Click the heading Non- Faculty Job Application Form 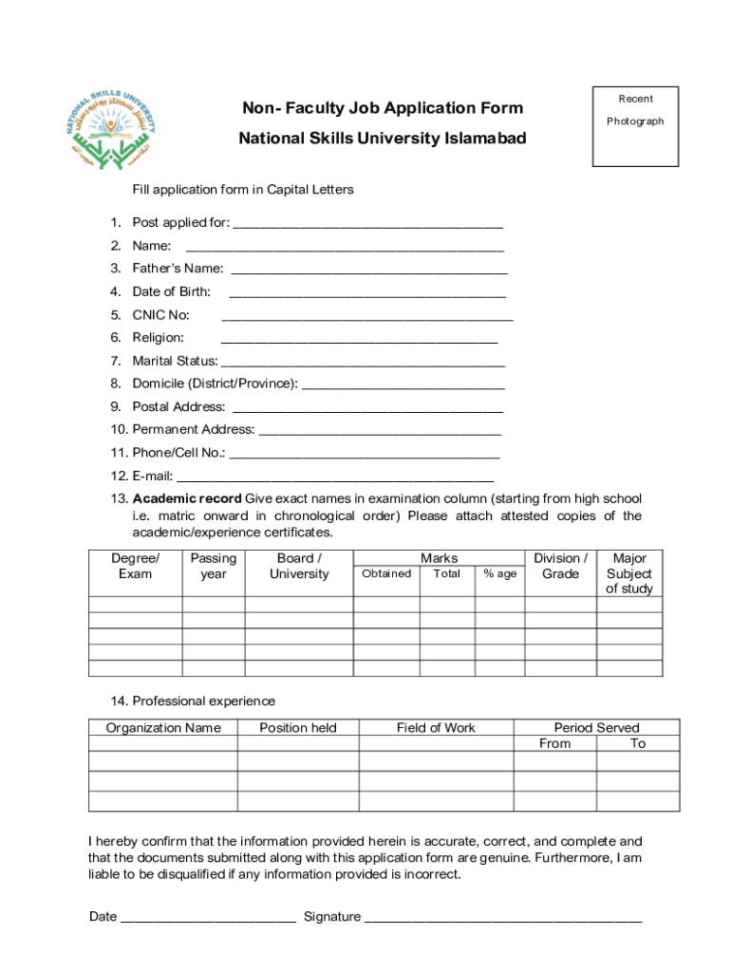tap(382, 108)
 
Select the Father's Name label tap(178, 269)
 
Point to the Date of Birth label tap(171, 291)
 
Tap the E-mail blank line tap(335, 477)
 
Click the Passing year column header tap(214, 566)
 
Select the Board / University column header tap(299, 566)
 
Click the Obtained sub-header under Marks tap(386, 573)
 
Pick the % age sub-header tap(500, 573)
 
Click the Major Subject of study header tap(629, 573)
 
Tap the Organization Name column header tap(163, 728)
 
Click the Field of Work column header tap(436, 728)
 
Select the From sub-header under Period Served tap(554, 743)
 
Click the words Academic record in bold tap(187, 498)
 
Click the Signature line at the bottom tap(503, 917)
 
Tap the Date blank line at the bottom tap(208, 917)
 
